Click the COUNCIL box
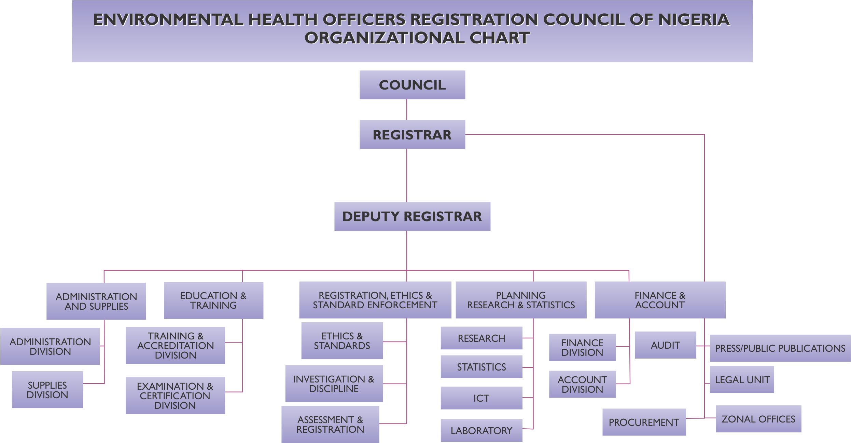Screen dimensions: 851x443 412,85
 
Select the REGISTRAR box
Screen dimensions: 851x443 412,135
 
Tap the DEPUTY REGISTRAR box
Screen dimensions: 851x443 412,216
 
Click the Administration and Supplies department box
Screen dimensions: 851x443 96,301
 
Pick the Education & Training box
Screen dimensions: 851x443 213,300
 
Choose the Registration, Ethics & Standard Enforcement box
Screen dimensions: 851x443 375,300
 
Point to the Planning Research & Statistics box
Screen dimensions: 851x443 521,300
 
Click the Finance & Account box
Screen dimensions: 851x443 660,300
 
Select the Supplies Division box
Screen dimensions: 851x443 47,390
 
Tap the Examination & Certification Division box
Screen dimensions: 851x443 175,395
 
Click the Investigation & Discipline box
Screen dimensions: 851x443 334,384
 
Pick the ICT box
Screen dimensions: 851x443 482,398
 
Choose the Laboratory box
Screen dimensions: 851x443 482,430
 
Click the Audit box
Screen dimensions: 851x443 665,345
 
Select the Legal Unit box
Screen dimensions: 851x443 742,379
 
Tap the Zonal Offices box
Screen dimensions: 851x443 758,419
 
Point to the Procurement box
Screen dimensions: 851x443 644,422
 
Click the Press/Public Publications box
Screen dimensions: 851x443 780,348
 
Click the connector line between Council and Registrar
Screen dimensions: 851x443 407,110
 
